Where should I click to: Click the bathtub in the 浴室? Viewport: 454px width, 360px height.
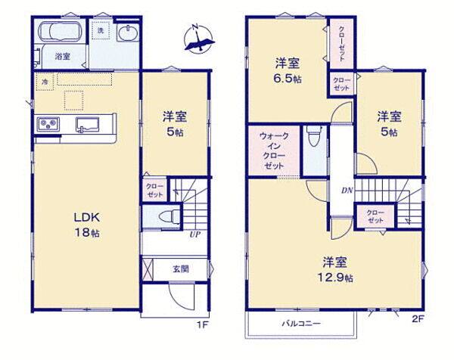coord(61,31)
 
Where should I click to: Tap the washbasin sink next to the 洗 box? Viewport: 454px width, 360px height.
coord(128,33)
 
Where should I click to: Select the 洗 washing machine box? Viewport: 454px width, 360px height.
coord(101,30)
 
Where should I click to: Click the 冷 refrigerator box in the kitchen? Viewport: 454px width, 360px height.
coord(45,82)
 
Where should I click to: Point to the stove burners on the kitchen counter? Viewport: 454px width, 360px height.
coord(48,125)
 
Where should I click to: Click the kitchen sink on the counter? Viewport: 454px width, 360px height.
coord(88,125)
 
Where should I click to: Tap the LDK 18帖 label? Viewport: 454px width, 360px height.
coord(87,225)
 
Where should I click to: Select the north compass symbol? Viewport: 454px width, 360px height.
coord(200,39)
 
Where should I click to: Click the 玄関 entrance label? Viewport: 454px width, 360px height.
coord(181,269)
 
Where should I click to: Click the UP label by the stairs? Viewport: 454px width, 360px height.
coord(195,234)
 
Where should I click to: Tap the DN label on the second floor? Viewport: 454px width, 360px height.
coord(347,190)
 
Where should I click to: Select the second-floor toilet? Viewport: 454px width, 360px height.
coord(314,136)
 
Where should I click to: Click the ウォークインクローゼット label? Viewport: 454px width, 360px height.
coord(274,151)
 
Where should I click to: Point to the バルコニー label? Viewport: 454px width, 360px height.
coord(301,323)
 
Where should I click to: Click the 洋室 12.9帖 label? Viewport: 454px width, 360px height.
coord(335,269)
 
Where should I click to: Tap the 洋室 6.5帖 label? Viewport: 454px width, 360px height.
coord(288,70)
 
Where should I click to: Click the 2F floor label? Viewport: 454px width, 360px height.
coord(418,319)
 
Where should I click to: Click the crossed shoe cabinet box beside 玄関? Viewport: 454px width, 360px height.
coord(148,269)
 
